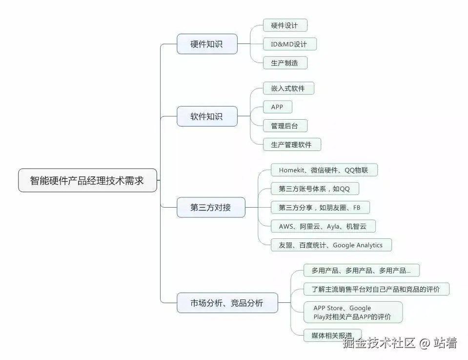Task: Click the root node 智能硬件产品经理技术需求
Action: pyautogui.click(x=87, y=180)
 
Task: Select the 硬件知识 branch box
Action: pyautogui.click(x=207, y=44)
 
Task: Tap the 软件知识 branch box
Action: pyautogui.click(x=207, y=116)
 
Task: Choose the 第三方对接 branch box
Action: pyautogui.click(x=211, y=208)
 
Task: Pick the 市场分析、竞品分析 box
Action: pyautogui.click(x=227, y=303)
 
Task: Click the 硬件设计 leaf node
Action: pyautogui.click(x=285, y=25)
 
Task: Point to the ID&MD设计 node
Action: pyautogui.click(x=289, y=44)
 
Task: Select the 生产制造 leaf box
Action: pyautogui.click(x=285, y=63)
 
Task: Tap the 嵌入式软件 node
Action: pyautogui.click(x=288, y=88)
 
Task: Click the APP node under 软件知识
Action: pyautogui.click(x=277, y=107)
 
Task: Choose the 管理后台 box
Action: pyautogui.click(x=285, y=126)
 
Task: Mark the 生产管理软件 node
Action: pyautogui.click(x=292, y=144)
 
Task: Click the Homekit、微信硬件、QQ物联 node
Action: pyautogui.click(x=324, y=170)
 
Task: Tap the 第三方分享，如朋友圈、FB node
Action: pyautogui.click(x=320, y=207)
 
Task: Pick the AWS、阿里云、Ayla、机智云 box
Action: pyautogui.click(x=323, y=226)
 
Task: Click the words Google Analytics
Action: pyautogui.click(x=358, y=245)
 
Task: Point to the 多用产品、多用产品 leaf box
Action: pyautogui.click(x=362, y=270)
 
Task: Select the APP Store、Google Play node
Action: pyautogui.click(x=353, y=312)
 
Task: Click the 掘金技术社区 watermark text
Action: pyautogui.click(x=379, y=343)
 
